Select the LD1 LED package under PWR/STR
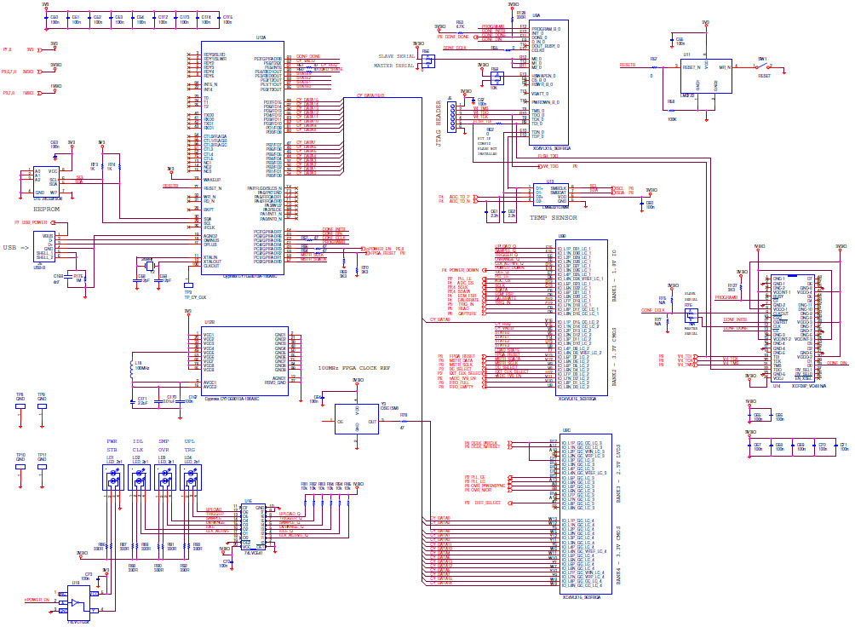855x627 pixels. (x=112, y=480)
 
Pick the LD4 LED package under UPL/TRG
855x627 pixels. (x=188, y=480)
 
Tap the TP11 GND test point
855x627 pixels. (x=42, y=461)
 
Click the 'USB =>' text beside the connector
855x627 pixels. (x=16, y=248)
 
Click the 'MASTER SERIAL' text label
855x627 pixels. (x=394, y=65)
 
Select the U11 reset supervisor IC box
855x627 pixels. (x=706, y=76)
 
